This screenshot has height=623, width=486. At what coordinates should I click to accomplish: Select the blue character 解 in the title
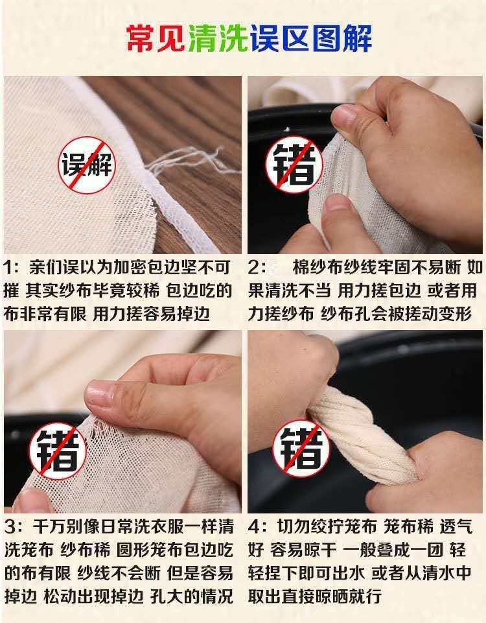(358, 38)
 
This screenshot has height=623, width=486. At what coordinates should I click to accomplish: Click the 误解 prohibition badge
(87, 165)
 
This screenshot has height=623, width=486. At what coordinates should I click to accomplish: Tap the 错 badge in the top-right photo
(294, 164)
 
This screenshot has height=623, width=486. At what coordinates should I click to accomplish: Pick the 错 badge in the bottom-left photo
(58, 451)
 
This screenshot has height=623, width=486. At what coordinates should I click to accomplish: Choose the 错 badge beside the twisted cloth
(301, 449)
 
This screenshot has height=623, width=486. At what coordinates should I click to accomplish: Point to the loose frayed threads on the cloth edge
(187, 159)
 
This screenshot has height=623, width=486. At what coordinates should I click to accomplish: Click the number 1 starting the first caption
(8, 267)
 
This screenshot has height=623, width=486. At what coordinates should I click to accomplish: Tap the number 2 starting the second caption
(255, 267)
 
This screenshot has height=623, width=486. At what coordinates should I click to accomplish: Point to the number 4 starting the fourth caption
(255, 527)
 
